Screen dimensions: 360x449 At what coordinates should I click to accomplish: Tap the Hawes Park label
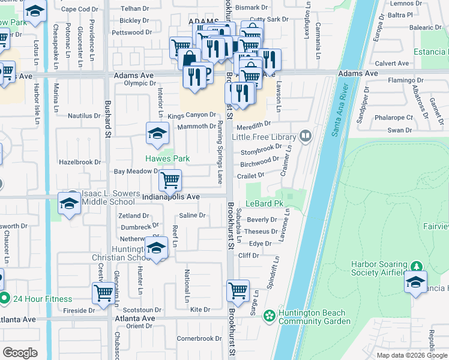[167, 158]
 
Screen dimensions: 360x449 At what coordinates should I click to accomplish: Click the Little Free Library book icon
[306, 137]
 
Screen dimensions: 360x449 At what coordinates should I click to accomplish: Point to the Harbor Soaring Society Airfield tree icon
[417, 265]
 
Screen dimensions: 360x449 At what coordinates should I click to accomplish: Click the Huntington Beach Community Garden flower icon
[270, 315]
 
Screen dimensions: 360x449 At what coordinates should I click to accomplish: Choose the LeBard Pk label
[265, 204]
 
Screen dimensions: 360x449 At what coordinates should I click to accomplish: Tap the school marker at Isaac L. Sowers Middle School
[69, 203]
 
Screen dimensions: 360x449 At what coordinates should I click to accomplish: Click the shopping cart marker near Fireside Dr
[103, 293]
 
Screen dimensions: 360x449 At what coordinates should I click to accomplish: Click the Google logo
[20, 353]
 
